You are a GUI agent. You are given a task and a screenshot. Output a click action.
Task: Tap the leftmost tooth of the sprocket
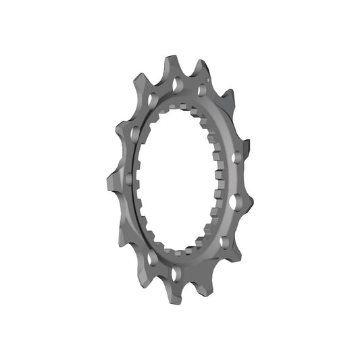pyautogui.click(x=109, y=180)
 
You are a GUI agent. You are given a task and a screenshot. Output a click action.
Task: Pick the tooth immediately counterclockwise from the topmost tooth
pyautogui.click(x=168, y=61)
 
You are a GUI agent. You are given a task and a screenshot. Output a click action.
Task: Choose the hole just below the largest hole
pyautogui.click(x=224, y=240)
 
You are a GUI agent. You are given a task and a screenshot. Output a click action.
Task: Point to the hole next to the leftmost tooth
pyautogui.click(x=129, y=179)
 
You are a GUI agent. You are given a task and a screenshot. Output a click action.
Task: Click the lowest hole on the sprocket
pyautogui.click(x=178, y=273)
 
